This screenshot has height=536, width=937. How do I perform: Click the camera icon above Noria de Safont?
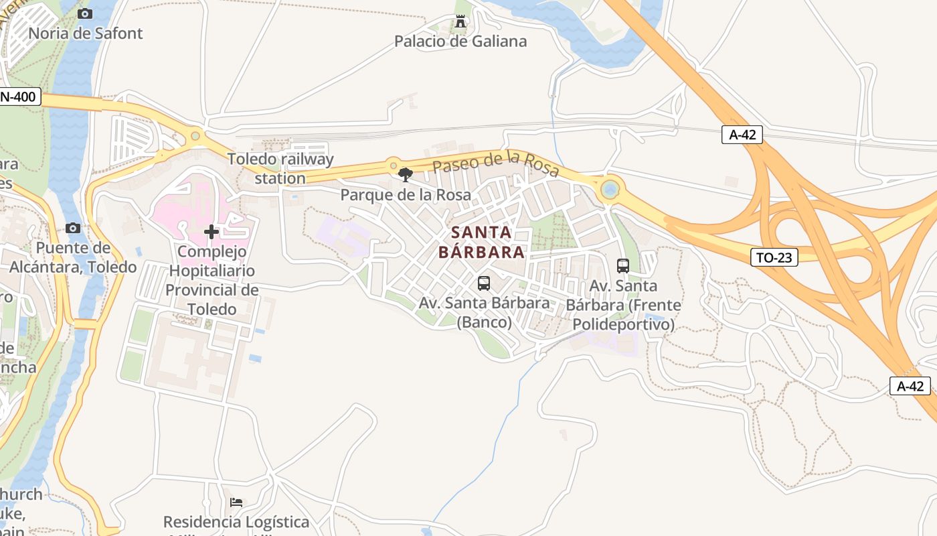85,13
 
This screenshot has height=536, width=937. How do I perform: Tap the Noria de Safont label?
86,33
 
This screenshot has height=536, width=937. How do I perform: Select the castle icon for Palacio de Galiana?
460,21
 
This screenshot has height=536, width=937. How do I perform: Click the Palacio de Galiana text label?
460,42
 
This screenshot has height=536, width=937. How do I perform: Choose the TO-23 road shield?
774,257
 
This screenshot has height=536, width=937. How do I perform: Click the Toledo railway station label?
280,169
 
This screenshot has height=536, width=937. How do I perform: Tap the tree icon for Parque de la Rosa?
405,176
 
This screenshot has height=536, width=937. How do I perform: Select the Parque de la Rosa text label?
406,195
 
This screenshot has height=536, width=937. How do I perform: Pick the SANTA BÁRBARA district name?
481,243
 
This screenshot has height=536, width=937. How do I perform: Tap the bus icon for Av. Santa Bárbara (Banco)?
484,283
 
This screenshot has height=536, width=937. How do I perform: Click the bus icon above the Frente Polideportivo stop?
623,265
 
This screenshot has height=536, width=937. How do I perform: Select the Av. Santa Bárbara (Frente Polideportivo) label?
623,306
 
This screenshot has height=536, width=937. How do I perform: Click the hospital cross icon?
211,232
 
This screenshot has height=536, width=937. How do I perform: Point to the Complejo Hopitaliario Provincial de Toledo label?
211,281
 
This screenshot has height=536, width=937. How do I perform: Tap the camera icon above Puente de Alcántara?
73,228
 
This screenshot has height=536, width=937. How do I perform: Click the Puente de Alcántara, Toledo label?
73,258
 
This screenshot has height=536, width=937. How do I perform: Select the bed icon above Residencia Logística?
236,503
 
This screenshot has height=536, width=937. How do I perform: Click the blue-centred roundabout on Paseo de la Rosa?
610,190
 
